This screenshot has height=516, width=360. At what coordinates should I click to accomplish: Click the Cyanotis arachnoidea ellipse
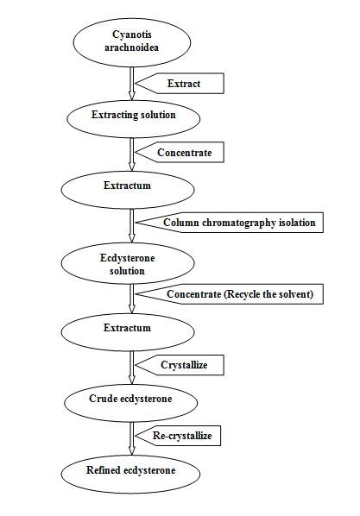(x=132, y=42)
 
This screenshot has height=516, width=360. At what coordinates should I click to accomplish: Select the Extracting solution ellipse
(x=134, y=119)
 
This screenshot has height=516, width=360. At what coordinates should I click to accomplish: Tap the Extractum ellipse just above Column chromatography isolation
(x=128, y=190)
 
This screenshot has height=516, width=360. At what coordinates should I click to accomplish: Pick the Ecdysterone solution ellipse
(x=128, y=263)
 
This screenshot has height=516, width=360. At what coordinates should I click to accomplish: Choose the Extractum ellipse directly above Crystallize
(x=128, y=332)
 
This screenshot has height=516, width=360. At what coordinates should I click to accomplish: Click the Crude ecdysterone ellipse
(x=130, y=403)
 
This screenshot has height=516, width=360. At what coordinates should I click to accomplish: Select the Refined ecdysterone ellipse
(x=130, y=475)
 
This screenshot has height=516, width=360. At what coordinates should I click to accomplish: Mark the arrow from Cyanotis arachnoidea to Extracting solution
(x=132, y=84)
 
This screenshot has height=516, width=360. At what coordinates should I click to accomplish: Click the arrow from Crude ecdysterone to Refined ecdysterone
(x=132, y=438)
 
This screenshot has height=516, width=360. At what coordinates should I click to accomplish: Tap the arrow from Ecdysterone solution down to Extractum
(x=132, y=299)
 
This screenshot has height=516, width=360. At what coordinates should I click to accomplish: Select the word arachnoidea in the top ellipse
(x=132, y=47)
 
